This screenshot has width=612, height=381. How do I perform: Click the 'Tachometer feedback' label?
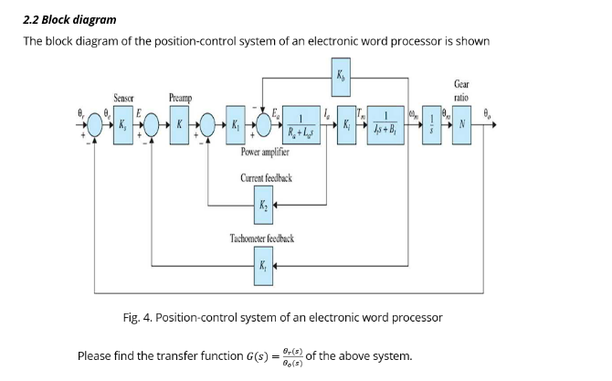tap(262, 238)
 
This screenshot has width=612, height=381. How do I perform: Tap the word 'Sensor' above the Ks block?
tap(123, 96)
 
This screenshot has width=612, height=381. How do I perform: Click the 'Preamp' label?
tap(180, 96)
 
